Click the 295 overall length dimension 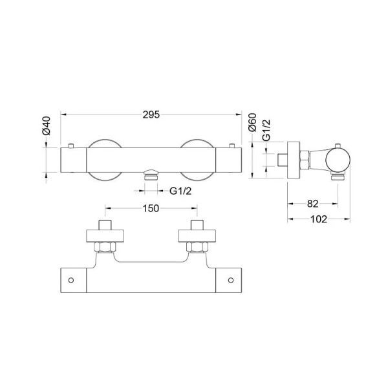tap(151, 114)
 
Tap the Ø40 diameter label tap(47, 125)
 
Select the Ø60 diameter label tap(252, 122)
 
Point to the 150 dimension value tap(151, 208)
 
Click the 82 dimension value tap(313, 204)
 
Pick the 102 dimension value tap(319, 219)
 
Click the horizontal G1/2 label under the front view tap(180, 191)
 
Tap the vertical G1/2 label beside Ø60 tap(266, 130)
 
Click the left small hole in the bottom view tap(71, 280)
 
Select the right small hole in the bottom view tap(231, 280)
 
